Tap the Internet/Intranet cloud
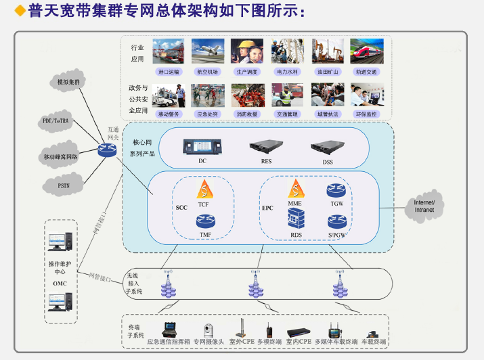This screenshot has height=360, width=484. tap(424, 206)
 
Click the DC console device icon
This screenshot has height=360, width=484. tap(202, 145)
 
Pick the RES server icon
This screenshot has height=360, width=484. tap(265, 145)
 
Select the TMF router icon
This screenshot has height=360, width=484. tap(205, 221)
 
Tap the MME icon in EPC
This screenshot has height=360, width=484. tap(295, 189)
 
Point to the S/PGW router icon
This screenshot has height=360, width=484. tap(336, 221)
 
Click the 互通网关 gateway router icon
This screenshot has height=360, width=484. tap(106, 150)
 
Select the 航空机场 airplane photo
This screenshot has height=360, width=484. tap(208, 51)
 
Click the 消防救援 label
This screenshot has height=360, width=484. tap(248, 114)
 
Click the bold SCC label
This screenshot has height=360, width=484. tap(181, 207)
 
